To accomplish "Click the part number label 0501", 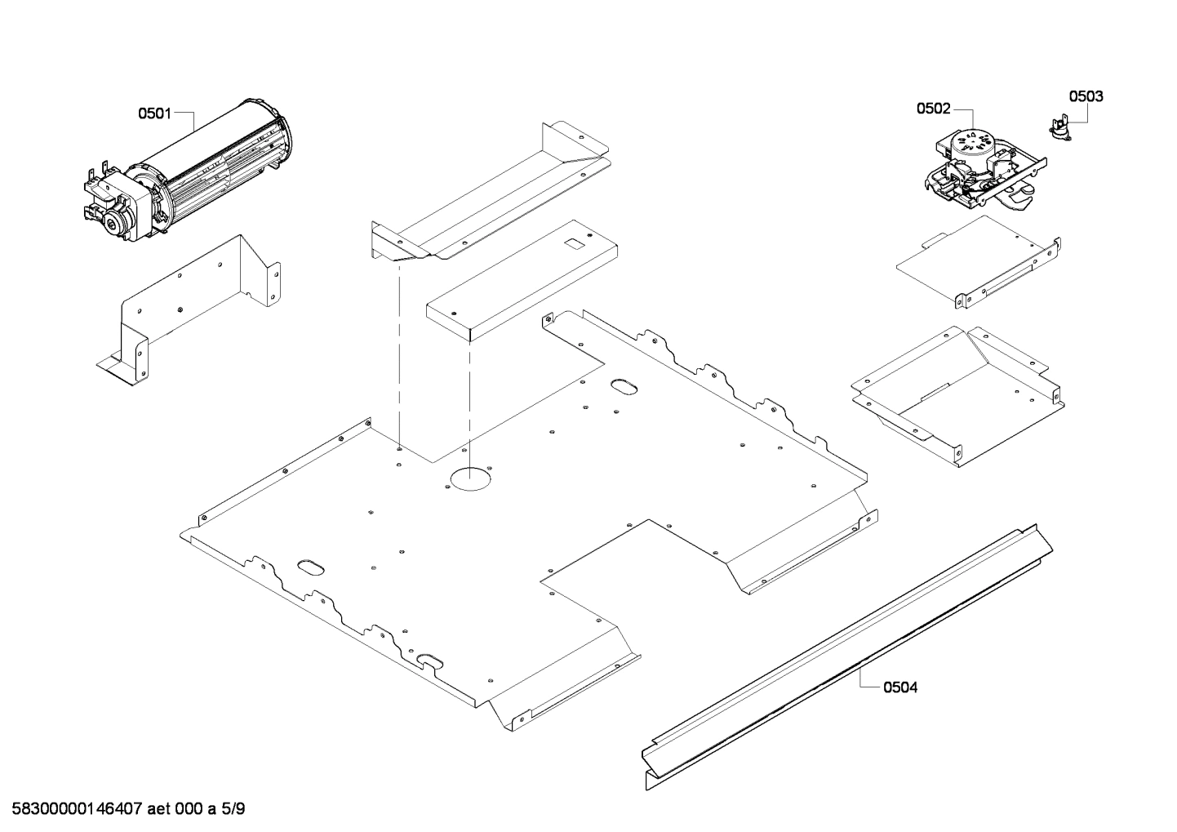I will coord(153,113).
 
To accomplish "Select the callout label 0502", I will coord(933,108).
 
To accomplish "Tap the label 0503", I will coord(1086,96).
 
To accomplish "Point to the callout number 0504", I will coord(900,687).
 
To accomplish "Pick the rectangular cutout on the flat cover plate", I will coord(576,242).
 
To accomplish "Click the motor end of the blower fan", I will coord(114,200).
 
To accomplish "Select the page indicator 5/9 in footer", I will coord(233,809).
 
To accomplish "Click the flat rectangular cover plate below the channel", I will coord(522,282).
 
